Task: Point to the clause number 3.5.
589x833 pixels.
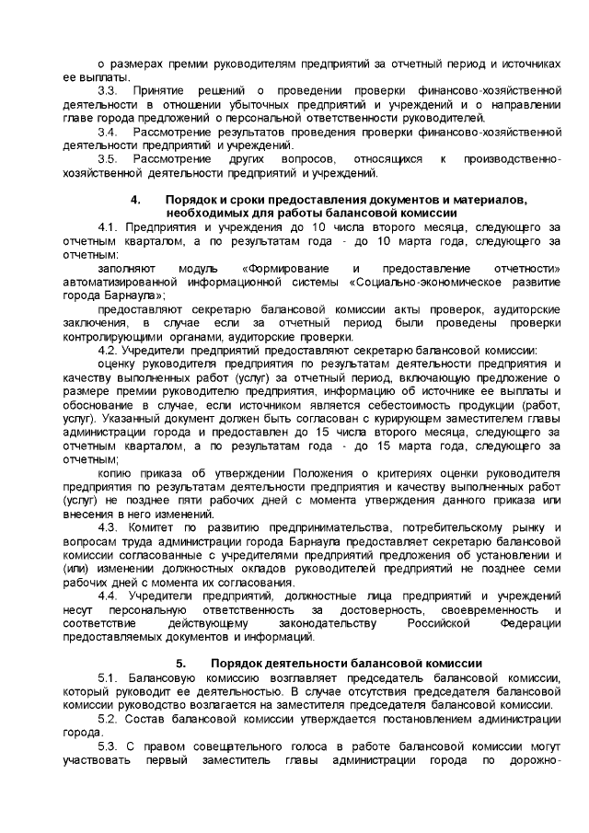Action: coord(108,159)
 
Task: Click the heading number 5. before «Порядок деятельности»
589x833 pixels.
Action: coord(180,664)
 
